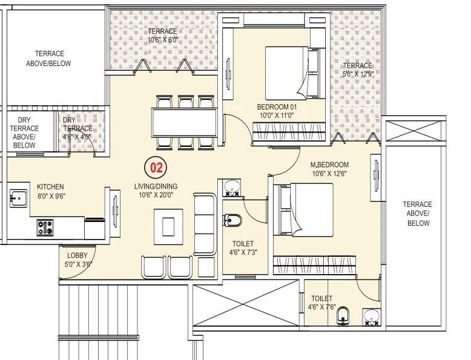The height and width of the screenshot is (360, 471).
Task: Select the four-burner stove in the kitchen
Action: [x=45, y=227]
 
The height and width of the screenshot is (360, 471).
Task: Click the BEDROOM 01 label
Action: [x=275, y=111]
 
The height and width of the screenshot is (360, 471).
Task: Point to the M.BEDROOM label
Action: [x=330, y=169]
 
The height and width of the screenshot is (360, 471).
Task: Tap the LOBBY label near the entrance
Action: [x=77, y=260]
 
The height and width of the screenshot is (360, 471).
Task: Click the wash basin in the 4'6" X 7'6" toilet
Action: [x=371, y=315]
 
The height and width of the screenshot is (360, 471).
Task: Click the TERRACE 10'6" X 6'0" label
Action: [x=162, y=36]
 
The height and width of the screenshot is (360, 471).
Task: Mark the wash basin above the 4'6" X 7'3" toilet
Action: [x=230, y=189]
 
